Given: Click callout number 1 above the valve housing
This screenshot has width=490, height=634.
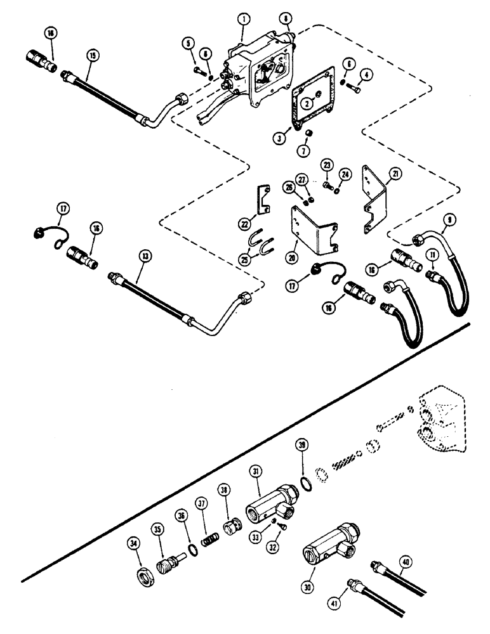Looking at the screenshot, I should [242, 20].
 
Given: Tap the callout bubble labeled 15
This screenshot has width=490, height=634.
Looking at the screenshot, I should [93, 56].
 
